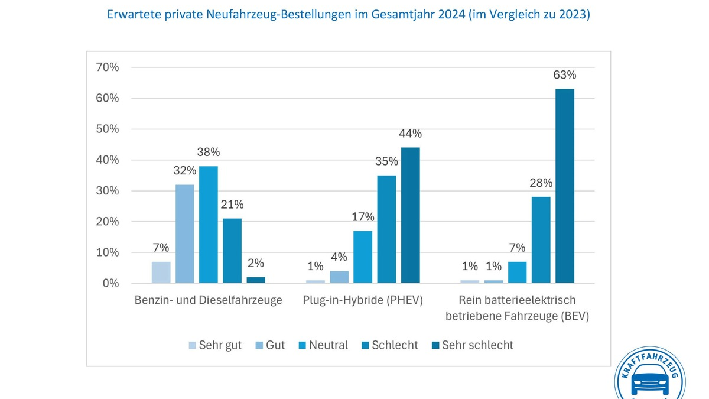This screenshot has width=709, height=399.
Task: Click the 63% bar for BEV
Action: (564, 186)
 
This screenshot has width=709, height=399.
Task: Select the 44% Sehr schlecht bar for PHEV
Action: (410, 215)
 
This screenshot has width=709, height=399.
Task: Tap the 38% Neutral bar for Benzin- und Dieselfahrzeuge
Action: (208, 225)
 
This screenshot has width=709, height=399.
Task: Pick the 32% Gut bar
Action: (184, 233)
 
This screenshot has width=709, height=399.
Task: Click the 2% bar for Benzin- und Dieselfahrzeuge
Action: (256, 280)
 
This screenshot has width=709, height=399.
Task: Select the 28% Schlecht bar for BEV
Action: (541, 239)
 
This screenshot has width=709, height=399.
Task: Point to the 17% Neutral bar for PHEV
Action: (363, 257)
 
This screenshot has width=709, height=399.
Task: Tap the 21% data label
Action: (232, 205)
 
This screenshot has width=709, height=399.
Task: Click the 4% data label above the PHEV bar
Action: (339, 257)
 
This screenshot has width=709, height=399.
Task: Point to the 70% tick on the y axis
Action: (108, 67)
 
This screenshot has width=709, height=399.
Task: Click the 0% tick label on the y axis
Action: (110, 283)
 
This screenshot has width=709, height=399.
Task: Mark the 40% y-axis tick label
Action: (108, 160)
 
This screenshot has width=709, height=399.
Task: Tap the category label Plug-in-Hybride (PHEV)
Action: (363, 300)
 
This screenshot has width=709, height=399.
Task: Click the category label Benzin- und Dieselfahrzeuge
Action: (208, 300)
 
